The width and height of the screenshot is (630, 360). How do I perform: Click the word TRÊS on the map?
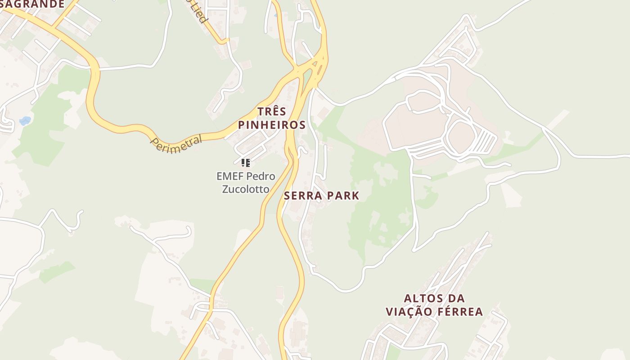coord(271,112)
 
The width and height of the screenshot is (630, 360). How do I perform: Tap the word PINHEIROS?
coord(272,125)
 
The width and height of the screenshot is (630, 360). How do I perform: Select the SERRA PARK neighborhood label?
coord(321,196)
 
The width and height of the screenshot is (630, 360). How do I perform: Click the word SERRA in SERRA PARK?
coord(303,196)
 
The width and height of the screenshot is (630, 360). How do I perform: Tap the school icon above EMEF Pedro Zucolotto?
coord(245,163)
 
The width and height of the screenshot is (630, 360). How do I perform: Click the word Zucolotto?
coord(246,189)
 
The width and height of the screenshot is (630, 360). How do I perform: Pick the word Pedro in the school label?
coord(261,176)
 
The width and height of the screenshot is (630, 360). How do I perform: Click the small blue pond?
coord(25,121)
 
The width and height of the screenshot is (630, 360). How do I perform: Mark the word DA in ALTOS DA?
coord(457,298)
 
